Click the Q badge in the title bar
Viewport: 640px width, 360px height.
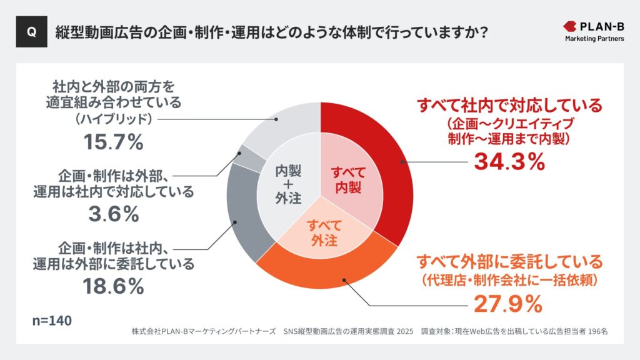tap(31, 32)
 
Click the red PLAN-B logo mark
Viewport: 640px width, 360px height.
tap(570, 26)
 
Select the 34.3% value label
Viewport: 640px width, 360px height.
tap(509, 161)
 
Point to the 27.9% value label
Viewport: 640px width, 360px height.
tap(507, 304)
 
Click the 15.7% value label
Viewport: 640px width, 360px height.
tap(113, 142)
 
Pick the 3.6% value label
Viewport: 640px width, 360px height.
tap(113, 214)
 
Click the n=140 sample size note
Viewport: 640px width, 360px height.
tap(52, 321)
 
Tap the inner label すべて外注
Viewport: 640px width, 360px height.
tap(323, 232)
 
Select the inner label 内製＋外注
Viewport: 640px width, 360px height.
tap(288, 184)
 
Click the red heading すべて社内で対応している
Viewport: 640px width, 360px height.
tap(509, 105)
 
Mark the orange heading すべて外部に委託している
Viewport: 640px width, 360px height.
tap(509, 261)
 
